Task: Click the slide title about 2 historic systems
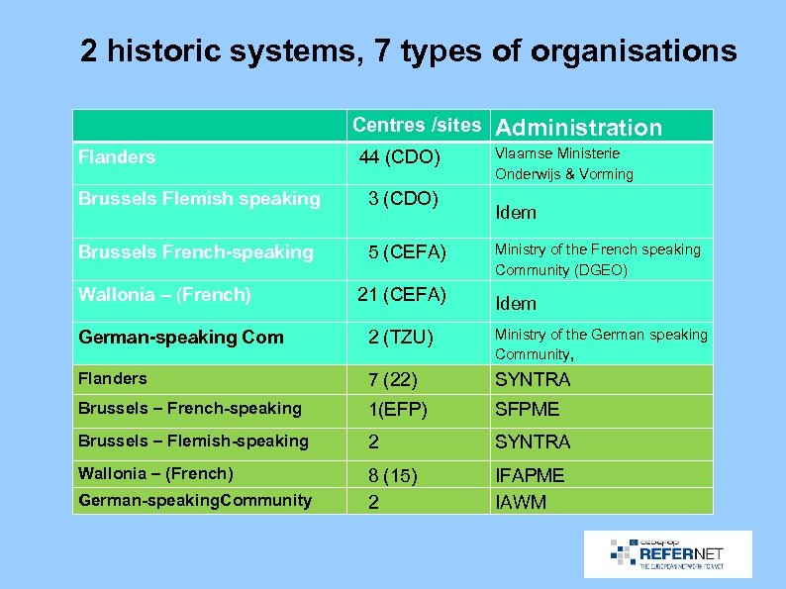(x=408, y=50)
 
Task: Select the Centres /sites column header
(x=416, y=125)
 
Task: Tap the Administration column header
(x=578, y=127)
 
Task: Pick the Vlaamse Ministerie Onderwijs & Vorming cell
(x=564, y=163)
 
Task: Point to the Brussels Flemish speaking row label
(x=199, y=199)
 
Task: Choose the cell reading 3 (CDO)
(x=403, y=198)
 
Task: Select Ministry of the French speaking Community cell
(x=597, y=259)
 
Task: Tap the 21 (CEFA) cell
(x=402, y=294)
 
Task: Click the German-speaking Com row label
(x=181, y=337)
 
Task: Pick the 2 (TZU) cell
(x=401, y=338)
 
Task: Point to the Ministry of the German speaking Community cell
(x=601, y=344)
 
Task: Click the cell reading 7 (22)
(x=392, y=379)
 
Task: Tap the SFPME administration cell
(x=527, y=409)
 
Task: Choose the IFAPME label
(x=530, y=475)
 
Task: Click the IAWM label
(x=520, y=502)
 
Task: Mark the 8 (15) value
(x=392, y=475)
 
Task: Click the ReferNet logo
(x=667, y=553)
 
